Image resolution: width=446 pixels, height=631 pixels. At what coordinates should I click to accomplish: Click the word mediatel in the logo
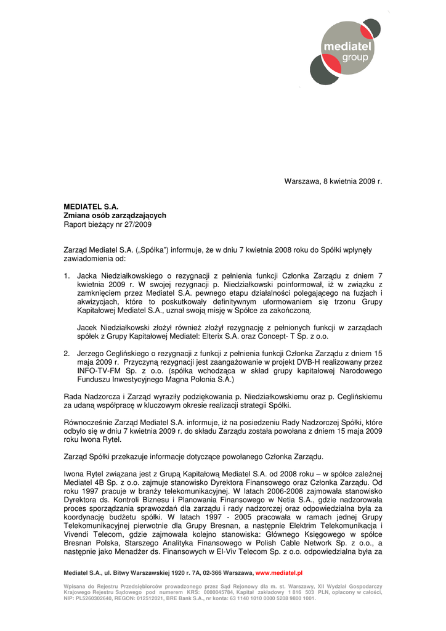click(349, 46)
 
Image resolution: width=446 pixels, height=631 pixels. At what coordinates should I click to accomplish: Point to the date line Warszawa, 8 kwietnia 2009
click(333, 182)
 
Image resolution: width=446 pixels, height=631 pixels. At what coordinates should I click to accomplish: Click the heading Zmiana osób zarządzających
click(115, 216)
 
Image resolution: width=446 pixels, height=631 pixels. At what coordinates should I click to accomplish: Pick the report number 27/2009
click(138, 225)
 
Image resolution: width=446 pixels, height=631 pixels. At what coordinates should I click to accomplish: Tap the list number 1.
click(67, 275)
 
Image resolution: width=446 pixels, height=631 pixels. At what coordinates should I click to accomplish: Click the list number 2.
click(67, 353)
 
